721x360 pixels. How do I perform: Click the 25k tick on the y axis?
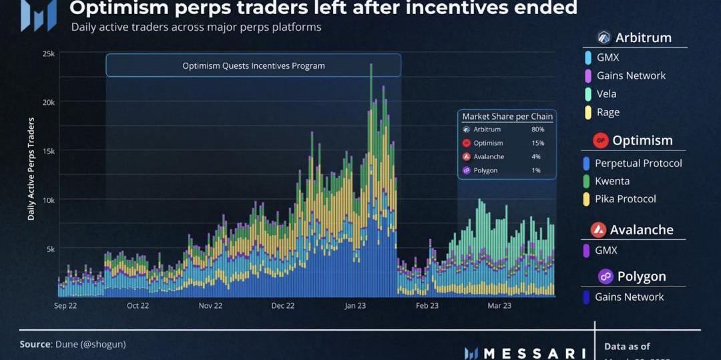(x=48, y=53)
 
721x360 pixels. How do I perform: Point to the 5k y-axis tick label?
(x=49, y=248)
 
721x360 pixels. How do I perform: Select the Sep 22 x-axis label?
(x=65, y=306)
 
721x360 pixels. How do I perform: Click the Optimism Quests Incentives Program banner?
(x=253, y=65)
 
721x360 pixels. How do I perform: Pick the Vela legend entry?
(x=606, y=94)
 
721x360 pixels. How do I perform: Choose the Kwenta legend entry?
(x=612, y=181)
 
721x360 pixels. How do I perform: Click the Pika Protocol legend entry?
(x=625, y=199)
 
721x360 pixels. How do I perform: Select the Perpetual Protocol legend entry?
(x=638, y=164)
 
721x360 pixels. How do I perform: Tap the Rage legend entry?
(x=608, y=112)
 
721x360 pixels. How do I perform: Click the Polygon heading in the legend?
(x=641, y=277)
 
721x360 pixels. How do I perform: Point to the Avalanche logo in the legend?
(x=599, y=230)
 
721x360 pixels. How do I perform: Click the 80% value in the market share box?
(x=537, y=130)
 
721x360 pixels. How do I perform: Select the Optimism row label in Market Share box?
(x=488, y=143)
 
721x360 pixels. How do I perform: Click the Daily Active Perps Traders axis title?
(x=31, y=169)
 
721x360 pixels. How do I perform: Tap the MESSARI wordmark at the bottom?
(x=534, y=353)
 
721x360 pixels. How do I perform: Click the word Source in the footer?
(x=35, y=344)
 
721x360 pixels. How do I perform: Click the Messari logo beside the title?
(x=38, y=15)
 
